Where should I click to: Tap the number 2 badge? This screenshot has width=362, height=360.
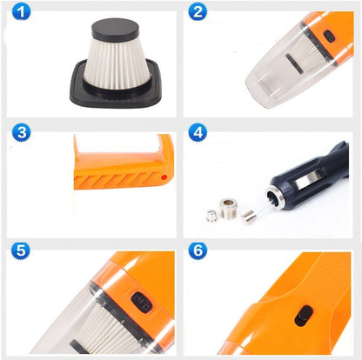(199, 13)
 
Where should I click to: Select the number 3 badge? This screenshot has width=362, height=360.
(21, 133)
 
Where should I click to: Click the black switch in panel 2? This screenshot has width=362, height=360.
(328, 37)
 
